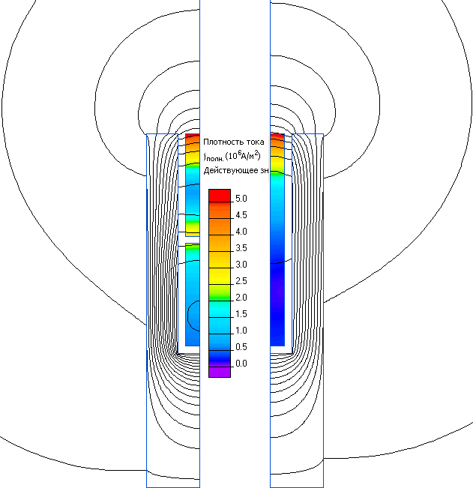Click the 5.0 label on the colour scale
pos(241,199)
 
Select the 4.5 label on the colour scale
pos(241,215)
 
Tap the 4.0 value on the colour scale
pos(241,232)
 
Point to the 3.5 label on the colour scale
pos(241,248)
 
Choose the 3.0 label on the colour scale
pos(241,265)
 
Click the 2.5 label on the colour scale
pos(241,281)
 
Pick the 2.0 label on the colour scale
pos(241,298)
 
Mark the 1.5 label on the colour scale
pos(241,314)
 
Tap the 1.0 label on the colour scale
pos(241,331)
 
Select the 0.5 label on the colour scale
pos(241,347)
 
